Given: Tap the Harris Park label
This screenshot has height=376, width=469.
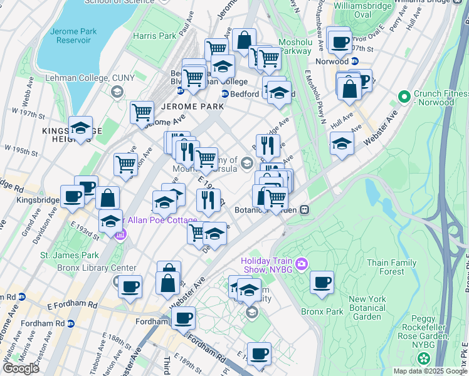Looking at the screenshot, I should (x=154, y=36).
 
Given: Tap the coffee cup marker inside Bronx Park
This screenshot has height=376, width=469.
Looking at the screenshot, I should (x=322, y=282).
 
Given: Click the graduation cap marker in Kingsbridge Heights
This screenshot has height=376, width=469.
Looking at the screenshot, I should (x=80, y=128).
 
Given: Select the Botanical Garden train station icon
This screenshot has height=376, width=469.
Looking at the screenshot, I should (x=305, y=210).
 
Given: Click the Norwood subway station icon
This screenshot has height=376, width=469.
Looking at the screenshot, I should (x=355, y=61).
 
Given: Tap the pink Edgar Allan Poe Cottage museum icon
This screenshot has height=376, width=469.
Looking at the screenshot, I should (x=121, y=235).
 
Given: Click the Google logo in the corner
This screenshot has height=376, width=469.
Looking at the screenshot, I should (x=21, y=368).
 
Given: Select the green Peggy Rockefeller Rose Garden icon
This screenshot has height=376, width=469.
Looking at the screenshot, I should (x=424, y=358).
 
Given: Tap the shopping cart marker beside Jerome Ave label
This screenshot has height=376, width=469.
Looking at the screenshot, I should (x=142, y=113).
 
